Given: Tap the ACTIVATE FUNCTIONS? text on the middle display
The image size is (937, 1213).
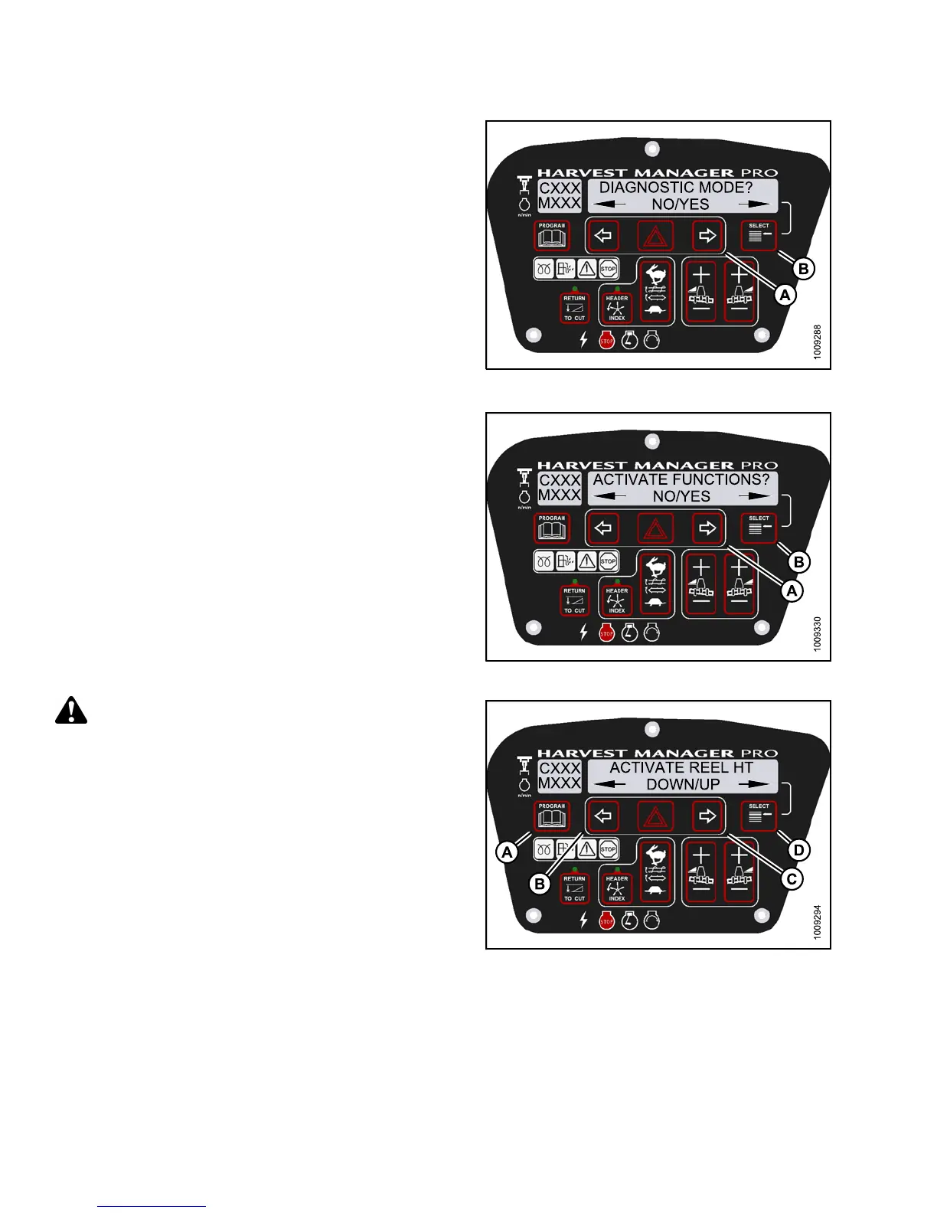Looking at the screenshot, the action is (681, 479).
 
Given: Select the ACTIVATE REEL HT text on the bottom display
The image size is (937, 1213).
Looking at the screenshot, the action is (681, 767).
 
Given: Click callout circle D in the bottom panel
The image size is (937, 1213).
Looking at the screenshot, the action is (798, 850).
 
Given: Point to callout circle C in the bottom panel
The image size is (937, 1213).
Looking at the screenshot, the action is (792, 878).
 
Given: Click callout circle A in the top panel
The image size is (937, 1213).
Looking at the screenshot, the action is (785, 294).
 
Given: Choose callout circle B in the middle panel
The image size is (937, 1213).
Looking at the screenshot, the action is (798, 562).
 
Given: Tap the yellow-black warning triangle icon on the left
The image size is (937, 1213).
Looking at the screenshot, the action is (71, 711).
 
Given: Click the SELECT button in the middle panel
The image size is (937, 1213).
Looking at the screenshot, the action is (759, 528).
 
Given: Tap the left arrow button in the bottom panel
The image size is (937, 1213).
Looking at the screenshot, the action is (604, 816).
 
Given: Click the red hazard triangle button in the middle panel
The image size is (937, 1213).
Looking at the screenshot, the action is (656, 528).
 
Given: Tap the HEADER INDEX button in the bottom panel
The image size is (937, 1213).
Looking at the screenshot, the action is (617, 888).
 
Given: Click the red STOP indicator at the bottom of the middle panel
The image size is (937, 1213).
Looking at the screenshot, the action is (606, 633).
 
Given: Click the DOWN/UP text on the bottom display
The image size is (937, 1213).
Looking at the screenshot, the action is (683, 784).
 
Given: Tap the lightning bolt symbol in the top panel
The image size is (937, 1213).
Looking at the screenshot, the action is (583, 339).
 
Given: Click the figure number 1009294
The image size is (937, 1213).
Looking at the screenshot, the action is (818, 922).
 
